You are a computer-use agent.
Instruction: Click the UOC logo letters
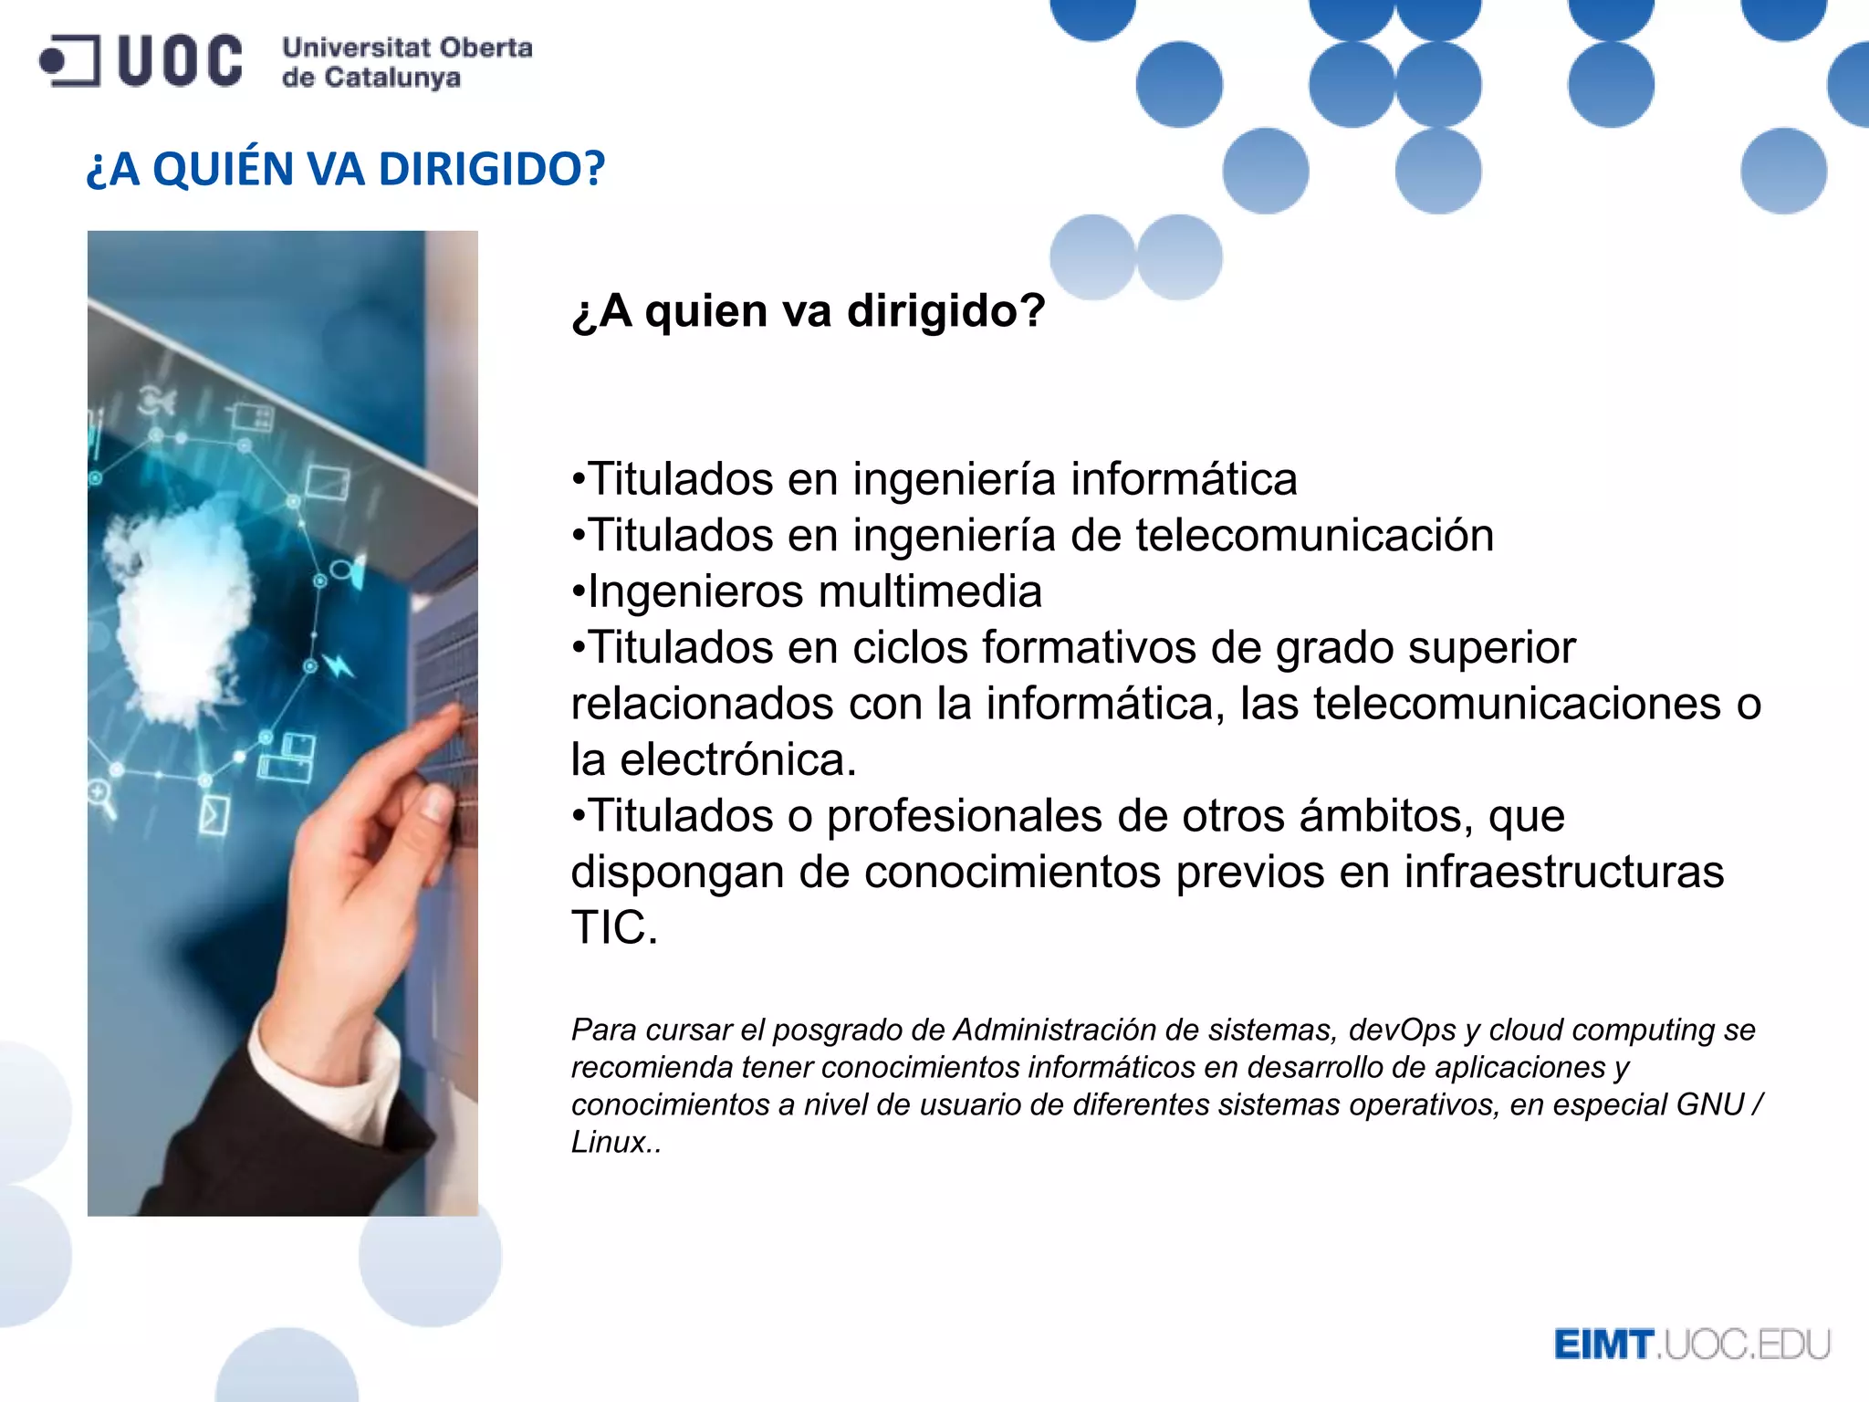180,61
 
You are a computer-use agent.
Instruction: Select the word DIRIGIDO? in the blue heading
491,169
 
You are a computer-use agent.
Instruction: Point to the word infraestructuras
1563,872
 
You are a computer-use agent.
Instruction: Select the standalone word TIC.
613,928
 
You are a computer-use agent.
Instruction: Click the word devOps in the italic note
1402,1030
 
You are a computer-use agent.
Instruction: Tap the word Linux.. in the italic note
615,1142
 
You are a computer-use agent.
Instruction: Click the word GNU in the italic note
1709,1104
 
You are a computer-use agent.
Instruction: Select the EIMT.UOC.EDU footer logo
1691,1344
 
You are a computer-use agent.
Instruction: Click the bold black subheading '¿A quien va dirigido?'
808,311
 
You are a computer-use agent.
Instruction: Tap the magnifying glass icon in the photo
102,797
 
